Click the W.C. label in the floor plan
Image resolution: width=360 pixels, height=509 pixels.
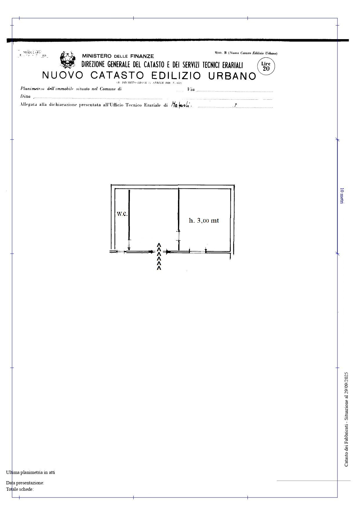pyautogui.click(x=122, y=214)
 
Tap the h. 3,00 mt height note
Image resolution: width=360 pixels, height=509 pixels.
pyautogui.click(x=204, y=221)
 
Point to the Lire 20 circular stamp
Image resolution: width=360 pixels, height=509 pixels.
pyautogui.click(x=266, y=66)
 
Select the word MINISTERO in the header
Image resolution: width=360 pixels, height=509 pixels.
pyautogui.click(x=97, y=56)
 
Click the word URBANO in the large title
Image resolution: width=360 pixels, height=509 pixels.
pyautogui.click(x=232, y=76)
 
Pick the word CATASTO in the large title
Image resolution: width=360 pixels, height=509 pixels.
pyautogui.click(x=117, y=75)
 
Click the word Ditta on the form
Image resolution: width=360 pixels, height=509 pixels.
pyautogui.click(x=25, y=97)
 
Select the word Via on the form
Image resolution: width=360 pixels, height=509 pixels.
pyautogui.click(x=191, y=90)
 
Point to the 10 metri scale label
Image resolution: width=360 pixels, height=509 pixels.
pyautogui.click(x=342, y=196)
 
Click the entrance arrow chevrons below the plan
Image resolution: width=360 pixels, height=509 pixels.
pyautogui.click(x=159, y=257)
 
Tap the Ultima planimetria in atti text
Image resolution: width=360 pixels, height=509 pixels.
pyautogui.click(x=30, y=472)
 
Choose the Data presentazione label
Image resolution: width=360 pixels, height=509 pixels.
pyautogui.click(x=25, y=483)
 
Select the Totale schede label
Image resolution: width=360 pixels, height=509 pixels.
pyautogui.click(x=20, y=489)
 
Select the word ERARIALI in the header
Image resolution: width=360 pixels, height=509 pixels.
pyautogui.click(x=231, y=65)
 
